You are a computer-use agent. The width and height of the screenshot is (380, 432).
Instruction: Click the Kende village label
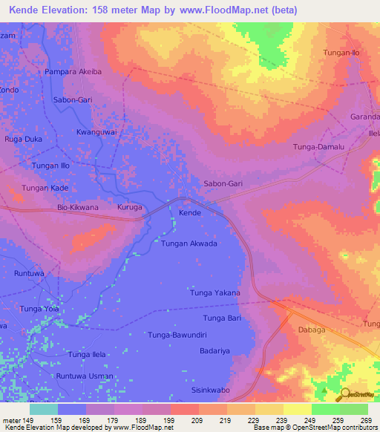tap(190, 213)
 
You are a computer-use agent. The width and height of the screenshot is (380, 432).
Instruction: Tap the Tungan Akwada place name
tap(189, 243)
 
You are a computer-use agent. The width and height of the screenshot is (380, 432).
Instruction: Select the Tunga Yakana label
tap(216, 293)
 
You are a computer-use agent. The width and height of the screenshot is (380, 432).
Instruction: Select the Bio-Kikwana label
tap(78, 208)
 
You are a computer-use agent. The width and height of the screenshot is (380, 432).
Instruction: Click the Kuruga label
tap(130, 208)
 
